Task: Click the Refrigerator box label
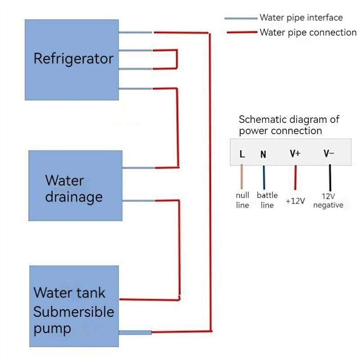[x=73, y=58]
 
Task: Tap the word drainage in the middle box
[x=74, y=198]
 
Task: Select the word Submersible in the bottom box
[x=74, y=312]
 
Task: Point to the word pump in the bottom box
[x=52, y=329]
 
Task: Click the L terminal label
[x=242, y=154]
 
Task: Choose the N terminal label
[x=263, y=154]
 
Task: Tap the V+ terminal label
[x=295, y=153]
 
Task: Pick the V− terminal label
[x=329, y=153]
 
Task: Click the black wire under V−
[x=330, y=178]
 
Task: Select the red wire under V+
[x=296, y=177]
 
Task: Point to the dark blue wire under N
[x=264, y=177]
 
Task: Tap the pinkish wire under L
[x=242, y=176]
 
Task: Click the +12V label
[x=295, y=201]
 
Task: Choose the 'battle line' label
[x=267, y=200]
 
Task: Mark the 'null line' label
[x=243, y=200]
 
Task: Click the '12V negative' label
[x=328, y=200]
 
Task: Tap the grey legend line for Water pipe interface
[x=241, y=18]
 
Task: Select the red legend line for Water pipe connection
[x=242, y=32]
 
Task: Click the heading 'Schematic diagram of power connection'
[x=289, y=125]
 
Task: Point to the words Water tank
[x=69, y=293]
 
